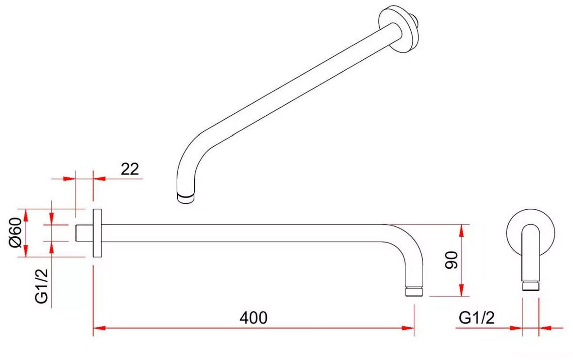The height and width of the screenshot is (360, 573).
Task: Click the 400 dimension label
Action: (253, 318)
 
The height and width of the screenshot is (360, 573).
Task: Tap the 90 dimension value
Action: (451, 260)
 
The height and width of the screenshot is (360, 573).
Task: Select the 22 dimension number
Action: (130, 169)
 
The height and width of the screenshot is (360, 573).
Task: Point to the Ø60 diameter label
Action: (15, 233)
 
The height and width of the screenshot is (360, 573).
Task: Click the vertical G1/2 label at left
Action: (41, 286)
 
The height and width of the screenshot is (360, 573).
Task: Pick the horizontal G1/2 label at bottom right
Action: (477, 318)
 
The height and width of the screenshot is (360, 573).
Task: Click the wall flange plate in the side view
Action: (97, 233)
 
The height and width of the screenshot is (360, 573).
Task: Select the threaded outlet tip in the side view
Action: (414, 292)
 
